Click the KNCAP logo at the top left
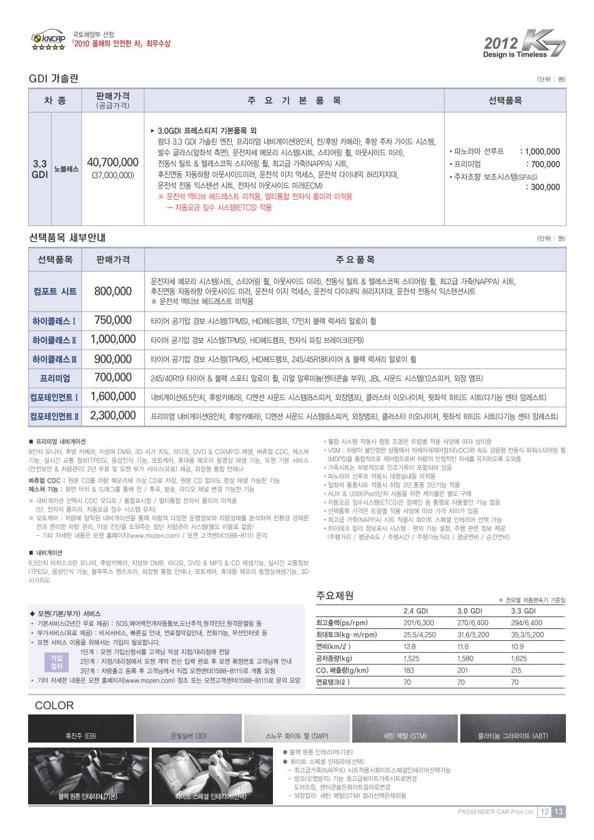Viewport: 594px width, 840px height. tap(48, 41)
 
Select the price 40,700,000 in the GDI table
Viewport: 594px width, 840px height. tap(112, 162)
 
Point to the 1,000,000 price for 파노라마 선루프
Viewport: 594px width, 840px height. tap(542, 151)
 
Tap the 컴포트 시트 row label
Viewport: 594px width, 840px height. tap(55, 291)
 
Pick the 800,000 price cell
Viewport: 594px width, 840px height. tap(112, 291)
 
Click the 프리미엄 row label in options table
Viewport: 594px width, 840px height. tap(55, 378)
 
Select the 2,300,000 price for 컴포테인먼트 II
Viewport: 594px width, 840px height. tap(112, 415)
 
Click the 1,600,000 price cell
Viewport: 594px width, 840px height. tap(112, 397)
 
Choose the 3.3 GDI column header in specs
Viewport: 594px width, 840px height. tap(523, 611)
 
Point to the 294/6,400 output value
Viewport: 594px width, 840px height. tap(527, 623)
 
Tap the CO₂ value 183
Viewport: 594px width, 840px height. tap(409, 670)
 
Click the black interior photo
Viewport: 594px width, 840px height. tap(88, 775)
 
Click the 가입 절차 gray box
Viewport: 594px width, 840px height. tap(56, 661)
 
